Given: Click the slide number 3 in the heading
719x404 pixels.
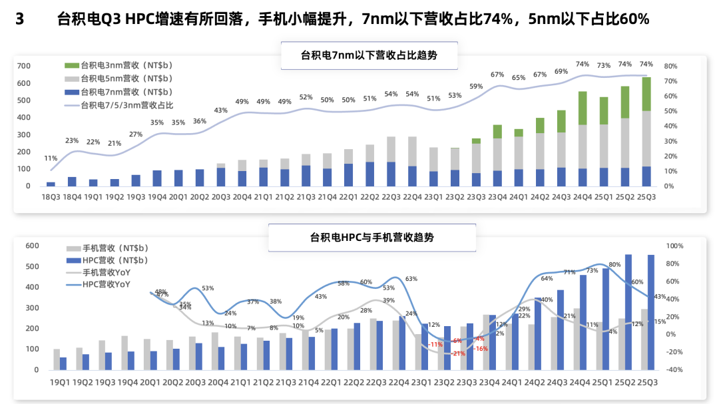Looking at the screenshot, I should coord(19,19).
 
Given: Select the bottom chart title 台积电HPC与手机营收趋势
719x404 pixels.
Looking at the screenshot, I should coord(372,238).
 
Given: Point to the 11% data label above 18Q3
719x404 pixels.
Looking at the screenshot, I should coord(51,158).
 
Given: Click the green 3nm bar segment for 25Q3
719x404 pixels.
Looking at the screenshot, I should coord(646,94).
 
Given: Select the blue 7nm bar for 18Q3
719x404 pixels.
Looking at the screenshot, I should coord(51,184).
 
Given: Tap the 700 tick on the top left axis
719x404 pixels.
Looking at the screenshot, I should coord(23,66).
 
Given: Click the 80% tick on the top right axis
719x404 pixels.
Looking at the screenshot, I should coord(670,67).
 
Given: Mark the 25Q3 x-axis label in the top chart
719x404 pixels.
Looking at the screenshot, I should coord(646,197).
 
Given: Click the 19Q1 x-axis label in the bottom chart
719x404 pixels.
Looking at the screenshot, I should coord(60,381).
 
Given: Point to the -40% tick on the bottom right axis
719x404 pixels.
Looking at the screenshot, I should coord(675,369).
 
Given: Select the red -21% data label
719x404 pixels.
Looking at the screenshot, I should coord(458,353).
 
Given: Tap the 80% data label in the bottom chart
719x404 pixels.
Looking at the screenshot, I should coord(614,265).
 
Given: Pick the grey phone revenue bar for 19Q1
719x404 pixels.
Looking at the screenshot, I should coord(57,359).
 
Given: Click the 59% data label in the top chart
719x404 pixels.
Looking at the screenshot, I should coord(476,87).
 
